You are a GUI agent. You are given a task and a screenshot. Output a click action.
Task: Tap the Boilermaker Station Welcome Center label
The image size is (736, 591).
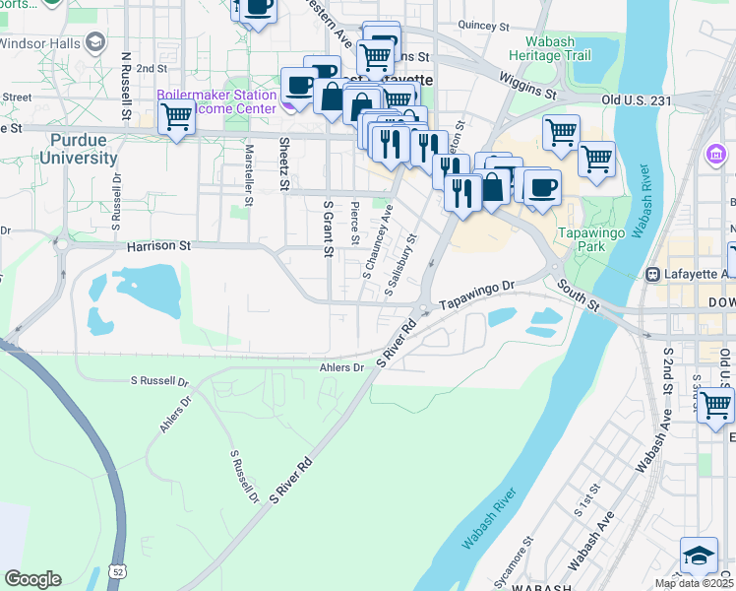coord(215,102)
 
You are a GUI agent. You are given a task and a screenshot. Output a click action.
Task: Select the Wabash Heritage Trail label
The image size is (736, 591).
coord(550,49)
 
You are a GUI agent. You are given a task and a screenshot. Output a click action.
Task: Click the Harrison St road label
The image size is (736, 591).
coord(158,245)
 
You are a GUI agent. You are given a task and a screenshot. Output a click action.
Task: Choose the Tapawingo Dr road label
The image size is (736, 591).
coord(477,292)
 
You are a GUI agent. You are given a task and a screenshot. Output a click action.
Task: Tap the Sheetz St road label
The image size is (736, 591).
coord(283,164)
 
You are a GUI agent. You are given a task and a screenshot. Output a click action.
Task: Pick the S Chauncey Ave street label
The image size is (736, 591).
coord(377,242)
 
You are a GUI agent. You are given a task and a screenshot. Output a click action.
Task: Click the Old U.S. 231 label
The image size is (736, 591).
coord(636,100)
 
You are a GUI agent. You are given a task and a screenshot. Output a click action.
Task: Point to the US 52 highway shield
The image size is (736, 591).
coord(119,570)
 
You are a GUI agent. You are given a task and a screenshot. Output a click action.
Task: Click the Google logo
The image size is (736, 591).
coord(32,579)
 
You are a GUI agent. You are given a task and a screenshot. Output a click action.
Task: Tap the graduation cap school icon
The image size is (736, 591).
coord(700,558)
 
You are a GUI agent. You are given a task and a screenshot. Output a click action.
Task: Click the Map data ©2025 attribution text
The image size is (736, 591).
coord(695,583)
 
